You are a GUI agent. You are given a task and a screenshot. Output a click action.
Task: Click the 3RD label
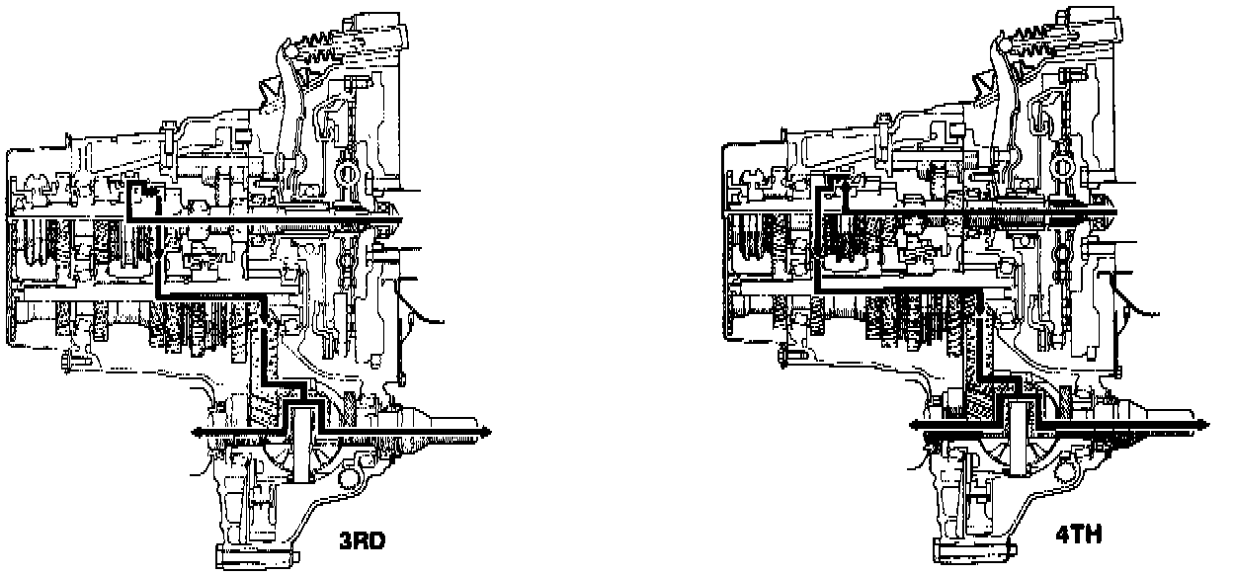coord(363,541)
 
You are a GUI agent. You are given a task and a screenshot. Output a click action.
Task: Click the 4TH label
coord(1080,535)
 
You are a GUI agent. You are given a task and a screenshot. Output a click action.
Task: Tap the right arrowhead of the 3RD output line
coord(484,432)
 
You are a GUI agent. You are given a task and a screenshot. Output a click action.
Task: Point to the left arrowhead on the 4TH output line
coord(916,425)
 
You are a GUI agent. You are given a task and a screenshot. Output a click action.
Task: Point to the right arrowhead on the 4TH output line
coord(1202,425)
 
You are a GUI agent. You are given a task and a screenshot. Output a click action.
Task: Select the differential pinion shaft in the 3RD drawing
coord(301,444)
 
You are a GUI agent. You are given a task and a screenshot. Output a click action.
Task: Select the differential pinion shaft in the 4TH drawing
coord(1019,439)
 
